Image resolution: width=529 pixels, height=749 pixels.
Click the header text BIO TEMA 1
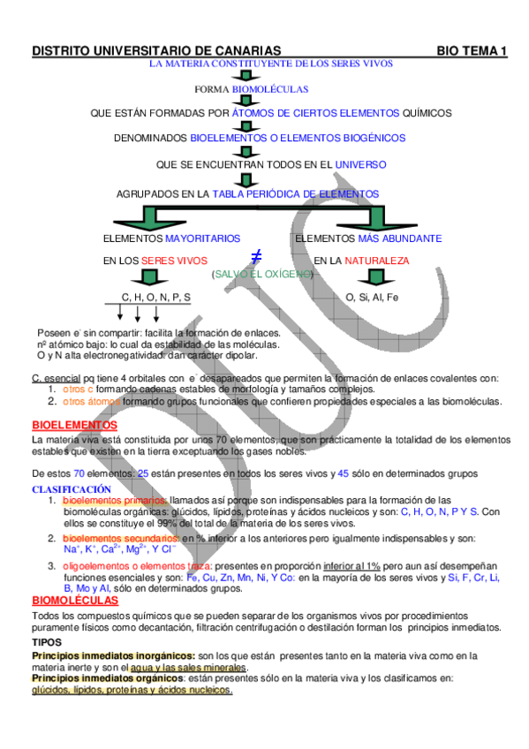(x=472, y=52)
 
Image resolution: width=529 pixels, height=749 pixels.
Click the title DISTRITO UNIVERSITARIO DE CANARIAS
(x=156, y=52)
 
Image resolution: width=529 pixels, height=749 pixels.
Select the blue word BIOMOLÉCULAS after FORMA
(x=270, y=90)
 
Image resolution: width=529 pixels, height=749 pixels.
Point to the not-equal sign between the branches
(x=256, y=257)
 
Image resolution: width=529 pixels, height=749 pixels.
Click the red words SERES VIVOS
(x=174, y=261)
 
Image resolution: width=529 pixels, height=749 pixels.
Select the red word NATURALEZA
(x=377, y=261)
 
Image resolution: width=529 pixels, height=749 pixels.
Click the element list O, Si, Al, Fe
(x=373, y=297)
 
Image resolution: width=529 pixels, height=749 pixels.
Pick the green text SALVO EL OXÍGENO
(x=262, y=274)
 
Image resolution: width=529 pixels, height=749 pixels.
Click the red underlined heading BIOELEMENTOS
(x=69, y=425)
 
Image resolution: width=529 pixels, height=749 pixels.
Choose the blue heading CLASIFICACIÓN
(x=72, y=488)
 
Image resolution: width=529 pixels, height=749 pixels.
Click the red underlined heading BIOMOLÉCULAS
(x=75, y=601)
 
